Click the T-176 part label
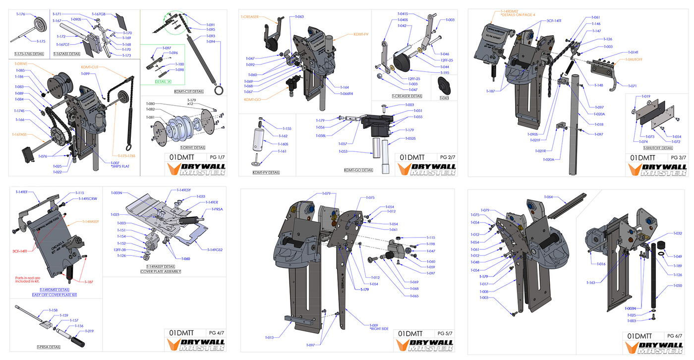(x=20, y=14)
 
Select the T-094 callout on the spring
(x=210, y=42)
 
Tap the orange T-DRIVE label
(x=20, y=64)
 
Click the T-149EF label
(x=22, y=192)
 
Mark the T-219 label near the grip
(x=89, y=331)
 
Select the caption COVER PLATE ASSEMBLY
(x=161, y=272)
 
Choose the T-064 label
(x=548, y=197)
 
